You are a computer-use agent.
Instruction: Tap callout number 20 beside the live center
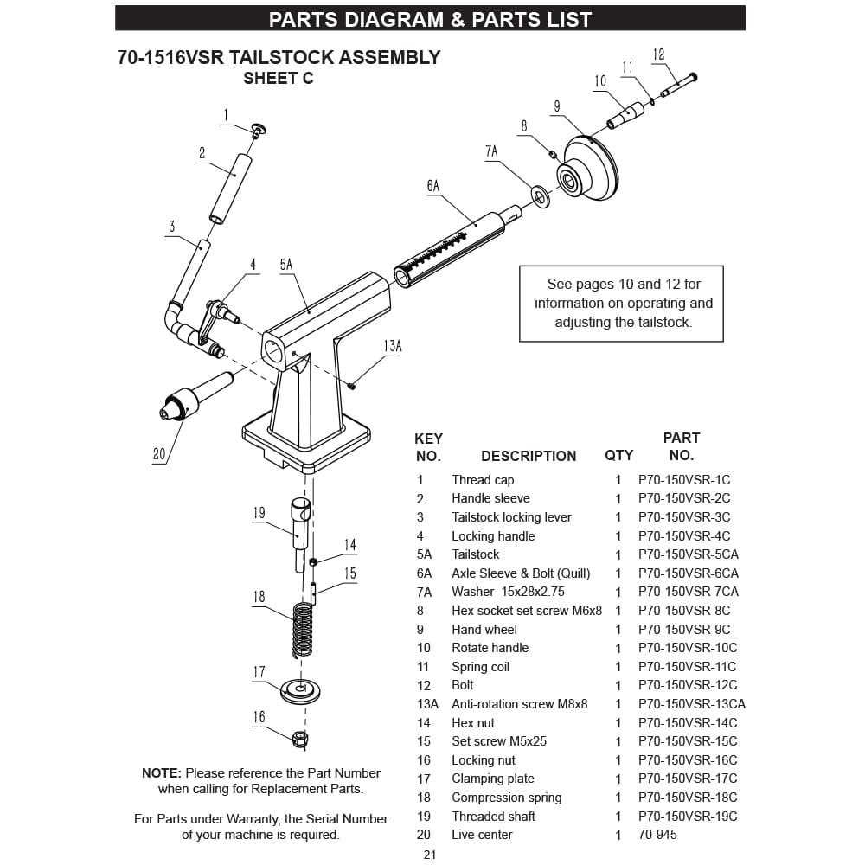159,453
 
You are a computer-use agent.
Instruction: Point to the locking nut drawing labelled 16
299,739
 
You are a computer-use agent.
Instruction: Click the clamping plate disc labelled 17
299,691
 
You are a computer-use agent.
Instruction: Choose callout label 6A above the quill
432,185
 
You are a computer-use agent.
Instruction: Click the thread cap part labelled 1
258,130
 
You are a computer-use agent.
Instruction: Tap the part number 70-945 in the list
657,835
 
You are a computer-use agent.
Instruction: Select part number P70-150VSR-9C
684,630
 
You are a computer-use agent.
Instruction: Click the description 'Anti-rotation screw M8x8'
519,704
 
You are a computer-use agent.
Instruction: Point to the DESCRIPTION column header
528,456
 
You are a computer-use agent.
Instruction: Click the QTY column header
618,456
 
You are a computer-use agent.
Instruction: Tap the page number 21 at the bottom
430,855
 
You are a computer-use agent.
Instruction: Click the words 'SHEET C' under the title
278,79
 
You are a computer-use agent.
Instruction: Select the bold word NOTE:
162,773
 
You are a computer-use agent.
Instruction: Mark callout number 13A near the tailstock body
392,346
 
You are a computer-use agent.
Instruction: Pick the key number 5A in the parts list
424,554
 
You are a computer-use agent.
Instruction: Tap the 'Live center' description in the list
482,835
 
